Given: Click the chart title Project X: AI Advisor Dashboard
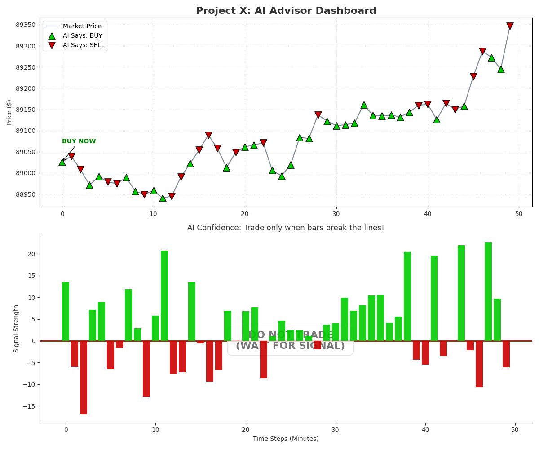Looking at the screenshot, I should [x=286, y=11].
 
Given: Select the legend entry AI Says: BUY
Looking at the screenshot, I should [x=82, y=36].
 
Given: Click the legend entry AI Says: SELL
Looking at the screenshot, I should [x=84, y=45].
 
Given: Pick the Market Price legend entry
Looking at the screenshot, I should [x=82, y=26].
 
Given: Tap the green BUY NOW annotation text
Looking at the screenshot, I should [x=79, y=141].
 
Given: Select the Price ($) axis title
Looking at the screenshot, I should [x=9, y=112].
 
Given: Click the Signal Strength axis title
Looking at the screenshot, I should [x=16, y=328].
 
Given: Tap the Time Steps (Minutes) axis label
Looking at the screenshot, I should [x=286, y=439].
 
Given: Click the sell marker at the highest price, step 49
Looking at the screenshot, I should [x=510, y=26].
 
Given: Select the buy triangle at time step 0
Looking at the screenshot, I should [x=62, y=162].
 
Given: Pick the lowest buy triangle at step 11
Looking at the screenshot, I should [x=163, y=198].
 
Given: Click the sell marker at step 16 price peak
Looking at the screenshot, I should [x=208, y=135].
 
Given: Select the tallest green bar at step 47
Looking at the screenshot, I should [x=488, y=292].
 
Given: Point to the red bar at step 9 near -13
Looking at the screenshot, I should [x=146, y=369].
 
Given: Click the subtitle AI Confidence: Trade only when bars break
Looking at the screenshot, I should [x=286, y=228].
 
